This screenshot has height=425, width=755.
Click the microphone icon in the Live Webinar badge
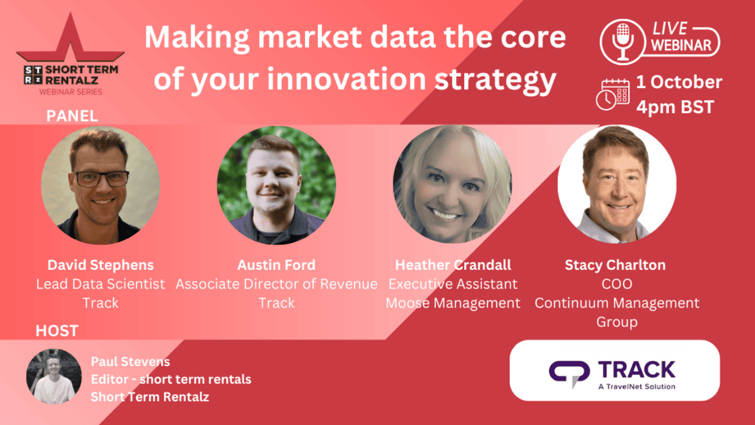(623, 41)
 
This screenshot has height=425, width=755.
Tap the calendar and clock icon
(612, 94)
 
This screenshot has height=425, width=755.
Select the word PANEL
(72, 116)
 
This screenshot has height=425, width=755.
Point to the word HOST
(57, 331)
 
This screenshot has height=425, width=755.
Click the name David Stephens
(100, 265)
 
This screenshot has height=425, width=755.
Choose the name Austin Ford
(277, 265)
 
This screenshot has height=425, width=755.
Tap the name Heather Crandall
(453, 265)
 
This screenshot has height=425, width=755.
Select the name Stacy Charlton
(615, 265)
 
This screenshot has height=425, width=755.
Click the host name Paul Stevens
(130, 362)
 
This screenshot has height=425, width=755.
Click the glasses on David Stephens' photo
(102, 179)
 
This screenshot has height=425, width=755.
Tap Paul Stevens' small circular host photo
(54, 377)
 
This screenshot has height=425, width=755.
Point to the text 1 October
(679, 82)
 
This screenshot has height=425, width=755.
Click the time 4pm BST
(675, 107)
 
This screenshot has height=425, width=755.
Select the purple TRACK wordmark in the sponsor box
(636, 370)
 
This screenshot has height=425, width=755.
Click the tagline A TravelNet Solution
(636, 387)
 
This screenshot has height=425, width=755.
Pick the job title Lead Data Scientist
(100, 284)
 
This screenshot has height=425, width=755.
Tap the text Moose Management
(453, 303)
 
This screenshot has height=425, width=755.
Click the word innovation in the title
(347, 79)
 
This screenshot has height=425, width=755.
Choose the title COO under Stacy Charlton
(617, 284)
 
